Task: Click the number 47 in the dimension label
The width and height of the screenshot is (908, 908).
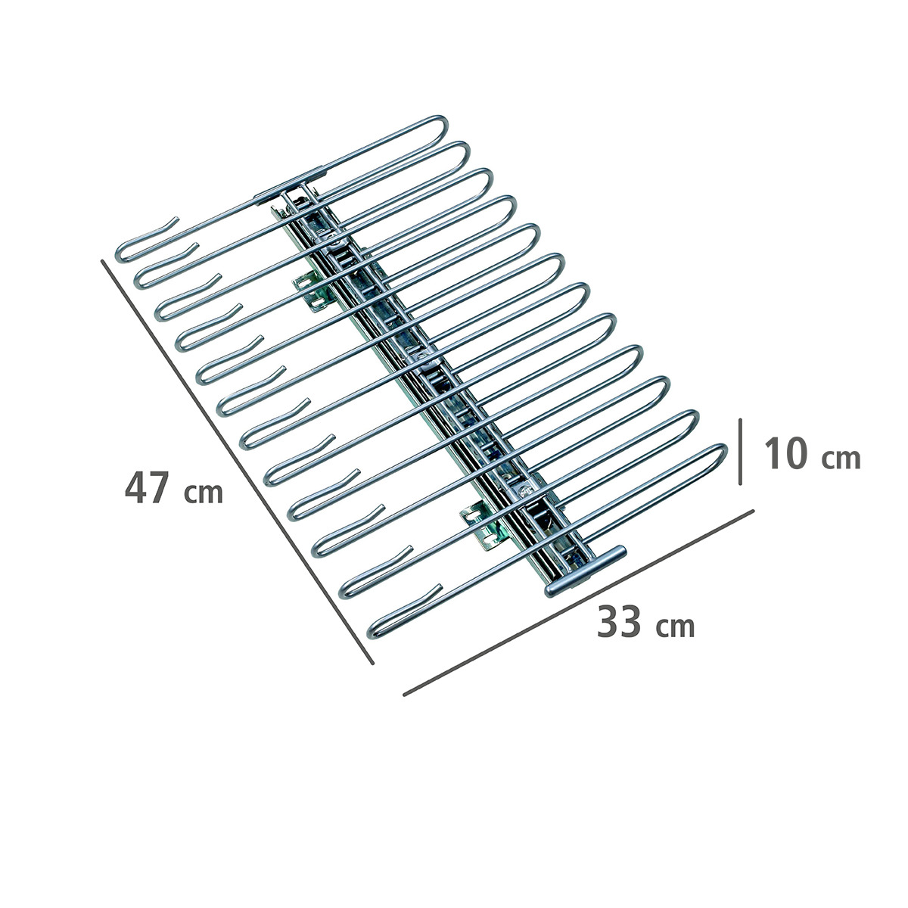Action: tap(147, 487)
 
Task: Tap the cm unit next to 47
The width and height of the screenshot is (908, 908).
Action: tap(203, 493)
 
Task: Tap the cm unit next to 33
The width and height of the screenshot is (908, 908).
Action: tap(676, 627)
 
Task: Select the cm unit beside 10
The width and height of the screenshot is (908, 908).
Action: tap(841, 459)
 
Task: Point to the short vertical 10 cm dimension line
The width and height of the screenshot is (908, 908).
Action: tap(740, 452)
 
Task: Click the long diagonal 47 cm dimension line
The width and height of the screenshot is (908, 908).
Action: tap(238, 462)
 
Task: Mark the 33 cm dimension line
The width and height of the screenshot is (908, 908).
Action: tap(579, 602)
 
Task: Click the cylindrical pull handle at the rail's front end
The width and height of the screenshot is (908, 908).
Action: tap(585, 571)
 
